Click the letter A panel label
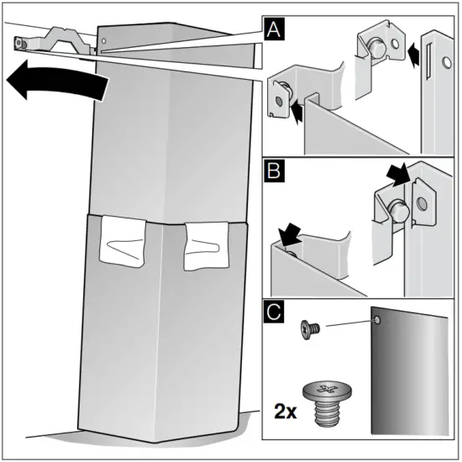click(x=274, y=29)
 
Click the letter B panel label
click(x=274, y=171)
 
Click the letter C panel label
click(x=274, y=312)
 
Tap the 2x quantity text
click(x=286, y=411)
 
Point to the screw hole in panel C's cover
click(x=377, y=320)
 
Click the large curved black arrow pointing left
click(x=57, y=80)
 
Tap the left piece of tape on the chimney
click(x=123, y=241)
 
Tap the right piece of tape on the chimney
click(x=207, y=246)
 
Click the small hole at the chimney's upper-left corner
click(x=103, y=41)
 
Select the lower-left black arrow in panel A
click(x=297, y=111)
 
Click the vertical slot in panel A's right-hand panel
click(x=428, y=60)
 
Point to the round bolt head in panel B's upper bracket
click(x=399, y=210)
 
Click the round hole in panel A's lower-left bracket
click(x=279, y=101)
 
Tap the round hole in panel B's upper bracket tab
click(x=423, y=203)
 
